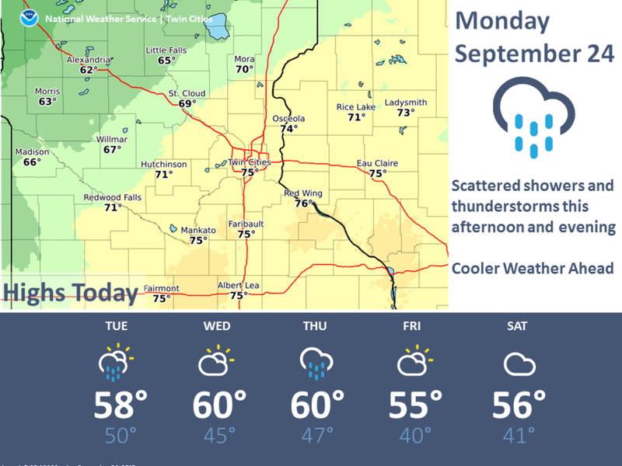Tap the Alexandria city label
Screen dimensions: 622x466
(89, 60)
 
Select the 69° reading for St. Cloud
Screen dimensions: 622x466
(187, 103)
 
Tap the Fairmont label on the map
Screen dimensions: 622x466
(161, 288)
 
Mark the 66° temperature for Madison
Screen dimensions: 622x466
(31, 162)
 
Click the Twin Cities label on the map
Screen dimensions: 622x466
(249, 162)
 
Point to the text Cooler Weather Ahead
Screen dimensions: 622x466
(533, 268)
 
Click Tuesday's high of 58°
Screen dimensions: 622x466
(121, 405)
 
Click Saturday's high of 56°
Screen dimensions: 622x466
(518, 405)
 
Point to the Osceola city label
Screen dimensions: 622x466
(289, 118)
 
